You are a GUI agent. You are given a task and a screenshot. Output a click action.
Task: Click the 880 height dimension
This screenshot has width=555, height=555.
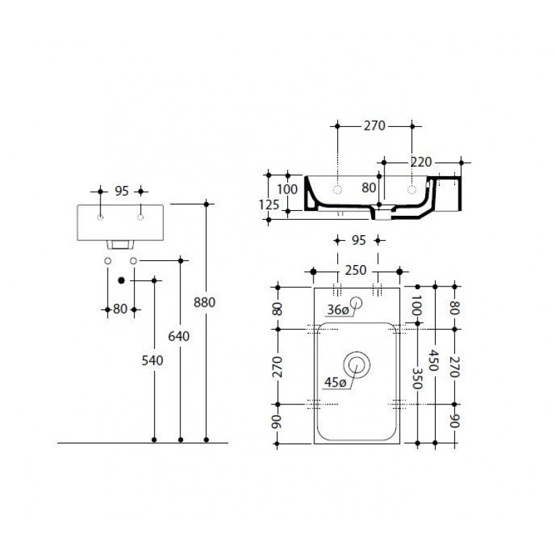[x=204, y=302]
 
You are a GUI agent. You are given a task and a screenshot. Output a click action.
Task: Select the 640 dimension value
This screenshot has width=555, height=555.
[x=179, y=336]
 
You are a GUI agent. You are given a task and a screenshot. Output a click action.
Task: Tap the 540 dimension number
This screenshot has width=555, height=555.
[x=152, y=361]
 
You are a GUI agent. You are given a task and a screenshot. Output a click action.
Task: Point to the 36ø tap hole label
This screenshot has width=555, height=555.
[x=338, y=310]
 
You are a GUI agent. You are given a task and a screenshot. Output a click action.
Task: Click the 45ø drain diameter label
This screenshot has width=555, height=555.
[x=335, y=383]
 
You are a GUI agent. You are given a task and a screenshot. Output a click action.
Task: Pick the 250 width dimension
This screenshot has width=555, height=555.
[x=356, y=271]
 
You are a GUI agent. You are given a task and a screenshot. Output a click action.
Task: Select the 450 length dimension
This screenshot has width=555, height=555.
[x=434, y=360]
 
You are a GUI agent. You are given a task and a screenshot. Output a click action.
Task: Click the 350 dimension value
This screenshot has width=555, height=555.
[x=417, y=378]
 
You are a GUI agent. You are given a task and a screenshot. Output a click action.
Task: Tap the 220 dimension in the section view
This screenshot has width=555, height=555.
[x=421, y=162]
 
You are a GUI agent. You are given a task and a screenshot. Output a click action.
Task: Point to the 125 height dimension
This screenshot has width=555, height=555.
[x=268, y=205]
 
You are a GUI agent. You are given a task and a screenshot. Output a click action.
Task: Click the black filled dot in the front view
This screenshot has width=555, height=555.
[x=121, y=280]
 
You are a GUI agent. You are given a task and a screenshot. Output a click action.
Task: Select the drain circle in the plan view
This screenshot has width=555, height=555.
[x=357, y=365]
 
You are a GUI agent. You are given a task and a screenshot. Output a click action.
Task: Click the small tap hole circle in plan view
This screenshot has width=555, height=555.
[x=356, y=302]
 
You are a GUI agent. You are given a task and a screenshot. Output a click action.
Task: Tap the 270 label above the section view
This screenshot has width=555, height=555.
[x=374, y=126]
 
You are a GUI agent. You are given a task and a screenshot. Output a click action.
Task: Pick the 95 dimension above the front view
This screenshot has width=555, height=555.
[x=121, y=191]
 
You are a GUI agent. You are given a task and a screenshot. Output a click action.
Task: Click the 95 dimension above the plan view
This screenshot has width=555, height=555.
[x=359, y=241]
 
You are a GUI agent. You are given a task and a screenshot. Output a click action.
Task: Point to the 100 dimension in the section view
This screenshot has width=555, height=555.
[x=287, y=189]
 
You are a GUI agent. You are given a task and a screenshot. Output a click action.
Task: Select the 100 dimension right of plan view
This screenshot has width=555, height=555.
[x=417, y=305]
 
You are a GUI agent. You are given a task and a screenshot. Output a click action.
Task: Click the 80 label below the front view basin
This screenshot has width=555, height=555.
[x=120, y=309]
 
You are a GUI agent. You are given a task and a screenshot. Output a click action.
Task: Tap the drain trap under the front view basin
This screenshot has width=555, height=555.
[x=120, y=244]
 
